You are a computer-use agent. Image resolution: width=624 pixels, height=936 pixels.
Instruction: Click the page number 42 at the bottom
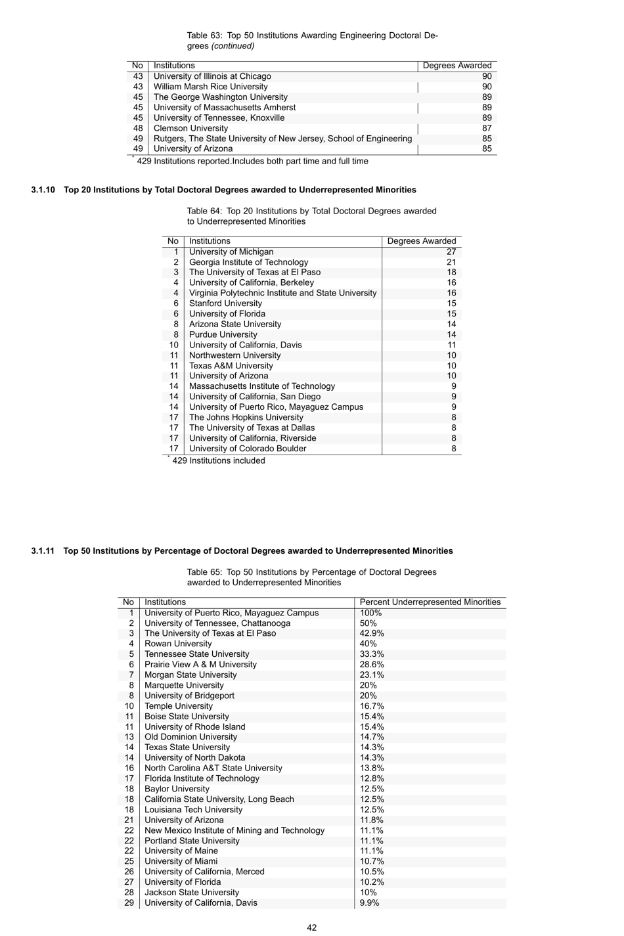point(311,927)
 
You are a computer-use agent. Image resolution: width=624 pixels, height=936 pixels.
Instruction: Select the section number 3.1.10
point(43,190)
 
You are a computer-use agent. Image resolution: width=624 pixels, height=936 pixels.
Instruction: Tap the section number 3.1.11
point(43,551)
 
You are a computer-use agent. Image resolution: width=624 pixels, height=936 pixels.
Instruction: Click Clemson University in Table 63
point(190,128)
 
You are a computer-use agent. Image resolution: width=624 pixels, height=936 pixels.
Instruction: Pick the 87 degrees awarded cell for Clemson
point(486,128)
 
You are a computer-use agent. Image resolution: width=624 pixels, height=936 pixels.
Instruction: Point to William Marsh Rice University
point(210,87)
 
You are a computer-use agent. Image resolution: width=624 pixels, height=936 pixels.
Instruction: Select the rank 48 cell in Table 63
point(138,128)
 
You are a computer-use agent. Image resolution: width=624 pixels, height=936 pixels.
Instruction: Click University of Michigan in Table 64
point(231,252)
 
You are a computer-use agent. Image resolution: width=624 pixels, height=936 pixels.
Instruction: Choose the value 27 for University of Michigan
point(451,252)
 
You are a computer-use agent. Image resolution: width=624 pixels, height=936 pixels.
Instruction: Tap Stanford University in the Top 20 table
point(225,303)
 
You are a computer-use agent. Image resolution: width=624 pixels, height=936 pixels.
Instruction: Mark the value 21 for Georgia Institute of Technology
point(451,262)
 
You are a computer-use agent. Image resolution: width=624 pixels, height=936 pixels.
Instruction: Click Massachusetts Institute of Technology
point(261,386)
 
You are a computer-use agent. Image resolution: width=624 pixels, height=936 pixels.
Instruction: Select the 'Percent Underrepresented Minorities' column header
point(430,602)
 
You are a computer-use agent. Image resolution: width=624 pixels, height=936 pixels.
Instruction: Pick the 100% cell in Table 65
point(370,613)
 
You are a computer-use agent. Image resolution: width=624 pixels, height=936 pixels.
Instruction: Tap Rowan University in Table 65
point(178,644)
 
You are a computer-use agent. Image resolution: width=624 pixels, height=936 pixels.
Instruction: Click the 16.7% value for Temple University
point(372,706)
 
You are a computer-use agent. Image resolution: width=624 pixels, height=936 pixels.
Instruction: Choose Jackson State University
point(192,893)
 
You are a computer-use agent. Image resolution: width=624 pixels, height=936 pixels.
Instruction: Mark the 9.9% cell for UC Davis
point(369,903)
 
